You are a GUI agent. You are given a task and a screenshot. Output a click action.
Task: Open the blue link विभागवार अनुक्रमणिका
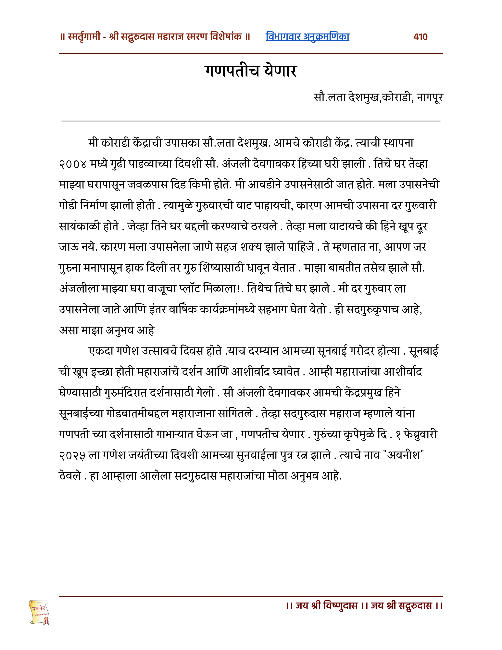click(x=307, y=37)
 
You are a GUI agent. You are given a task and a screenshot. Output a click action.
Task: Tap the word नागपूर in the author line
click(x=430, y=97)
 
